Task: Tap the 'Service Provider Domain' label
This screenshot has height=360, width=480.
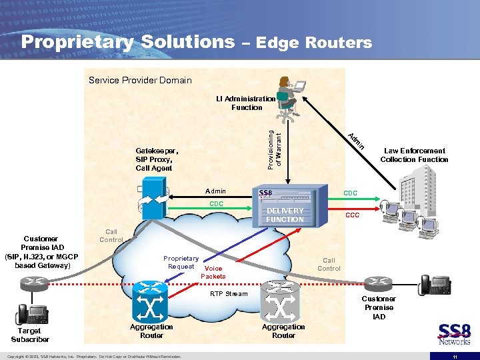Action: [140, 81]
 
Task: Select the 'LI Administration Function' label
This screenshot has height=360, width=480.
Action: [246, 103]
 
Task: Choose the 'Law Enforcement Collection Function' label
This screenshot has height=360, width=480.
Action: [414, 155]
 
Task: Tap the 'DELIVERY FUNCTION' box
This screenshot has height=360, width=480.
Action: [285, 215]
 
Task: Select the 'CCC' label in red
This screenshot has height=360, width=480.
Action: [353, 216]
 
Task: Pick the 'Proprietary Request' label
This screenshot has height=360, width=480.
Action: [181, 262]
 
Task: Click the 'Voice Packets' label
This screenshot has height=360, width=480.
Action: [213, 273]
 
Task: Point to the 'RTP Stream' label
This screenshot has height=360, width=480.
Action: [229, 293]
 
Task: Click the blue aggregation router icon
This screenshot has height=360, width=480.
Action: [151, 300]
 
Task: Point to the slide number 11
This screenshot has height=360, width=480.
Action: [454, 356]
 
